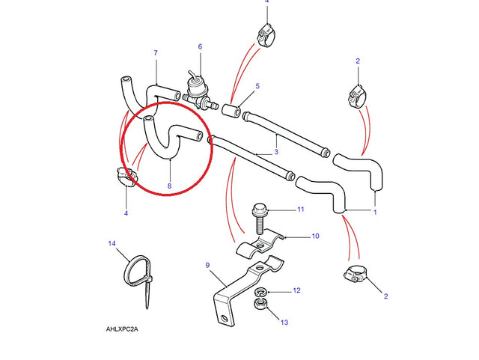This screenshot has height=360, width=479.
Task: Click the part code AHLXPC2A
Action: pyautogui.click(x=122, y=329)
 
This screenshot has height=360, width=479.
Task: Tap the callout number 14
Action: pyautogui.click(x=112, y=243)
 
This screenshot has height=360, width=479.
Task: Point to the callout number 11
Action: pyautogui.click(x=301, y=210)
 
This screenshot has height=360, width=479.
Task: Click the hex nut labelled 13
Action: pyautogui.click(x=260, y=305)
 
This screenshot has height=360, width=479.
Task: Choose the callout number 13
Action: pyautogui.click(x=284, y=322)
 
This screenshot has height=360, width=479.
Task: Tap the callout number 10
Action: pyautogui.click(x=315, y=236)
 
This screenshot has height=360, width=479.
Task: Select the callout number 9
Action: pyautogui.click(x=208, y=265)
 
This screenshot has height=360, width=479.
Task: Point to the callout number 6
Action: pyautogui.click(x=200, y=46)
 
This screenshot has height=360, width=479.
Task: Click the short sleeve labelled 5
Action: pyautogui.click(x=231, y=110)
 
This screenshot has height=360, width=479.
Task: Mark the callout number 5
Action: pyautogui.click(x=257, y=86)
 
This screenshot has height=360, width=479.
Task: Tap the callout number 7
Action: pyautogui.click(x=156, y=53)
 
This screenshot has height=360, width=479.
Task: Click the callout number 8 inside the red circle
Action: pyautogui.click(x=170, y=186)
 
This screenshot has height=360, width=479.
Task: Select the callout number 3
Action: pyautogui.click(x=276, y=152)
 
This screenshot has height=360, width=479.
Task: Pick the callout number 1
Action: pyautogui.click(x=375, y=212)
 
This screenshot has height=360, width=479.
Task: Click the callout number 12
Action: pyautogui.click(x=296, y=290)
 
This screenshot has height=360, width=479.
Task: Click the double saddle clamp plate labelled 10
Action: pyautogui.click(x=260, y=243)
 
